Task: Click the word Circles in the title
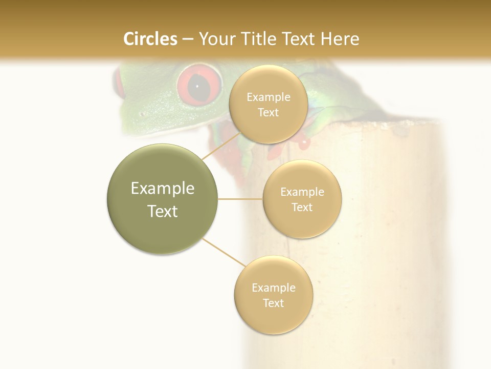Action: click(x=150, y=39)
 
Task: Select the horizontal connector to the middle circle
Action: click(x=240, y=199)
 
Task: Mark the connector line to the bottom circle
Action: click(x=224, y=252)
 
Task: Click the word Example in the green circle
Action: click(x=162, y=189)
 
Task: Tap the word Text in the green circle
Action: click(x=162, y=211)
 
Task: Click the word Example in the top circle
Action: click(x=268, y=97)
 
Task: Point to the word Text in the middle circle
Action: click(x=302, y=208)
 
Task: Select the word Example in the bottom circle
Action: click(x=273, y=288)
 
